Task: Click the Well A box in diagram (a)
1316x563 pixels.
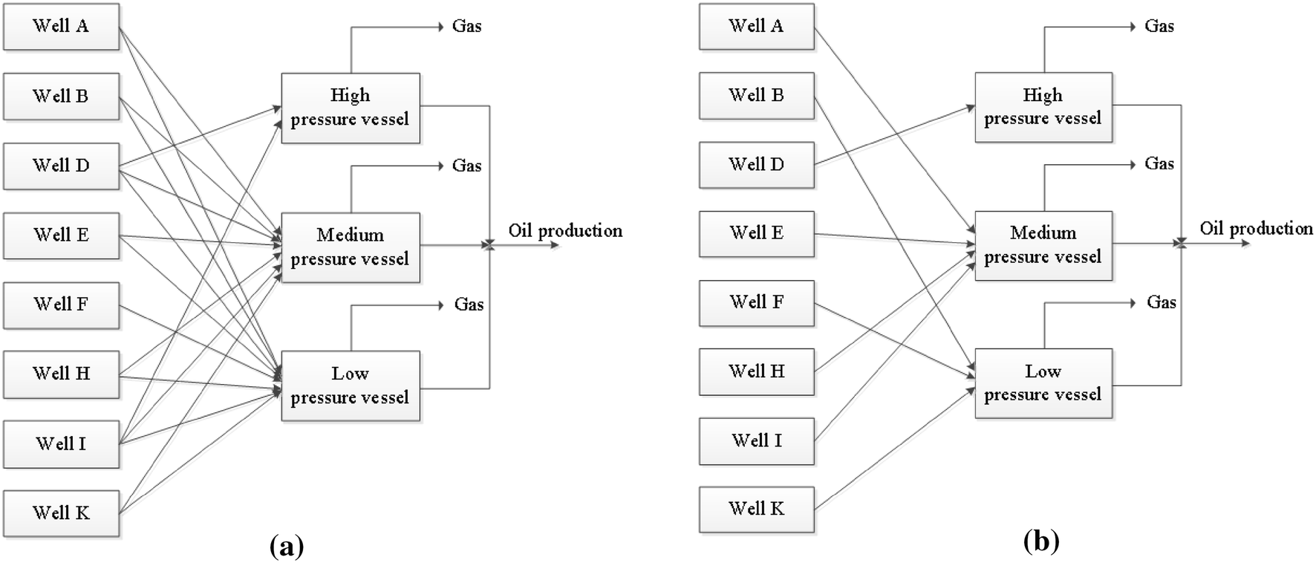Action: click(61, 27)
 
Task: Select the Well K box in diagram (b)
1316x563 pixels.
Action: click(756, 510)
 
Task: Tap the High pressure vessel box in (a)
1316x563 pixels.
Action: click(350, 108)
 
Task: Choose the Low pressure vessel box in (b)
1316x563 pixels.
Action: click(1043, 383)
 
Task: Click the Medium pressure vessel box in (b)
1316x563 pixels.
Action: click(1043, 245)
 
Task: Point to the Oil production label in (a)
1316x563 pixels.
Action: click(565, 231)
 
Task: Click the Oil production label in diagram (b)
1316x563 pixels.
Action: click(1257, 229)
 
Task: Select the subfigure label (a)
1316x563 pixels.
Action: click(286, 547)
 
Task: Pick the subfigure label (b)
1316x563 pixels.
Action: click(1041, 542)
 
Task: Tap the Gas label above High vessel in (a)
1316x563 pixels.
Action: click(466, 27)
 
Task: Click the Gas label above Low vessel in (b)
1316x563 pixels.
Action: click(1161, 302)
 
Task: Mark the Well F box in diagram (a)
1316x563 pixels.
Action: click(61, 305)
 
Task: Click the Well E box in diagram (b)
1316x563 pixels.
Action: click(756, 233)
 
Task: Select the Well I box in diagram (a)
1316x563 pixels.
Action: click(61, 444)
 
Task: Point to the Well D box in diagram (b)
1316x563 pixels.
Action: click(756, 165)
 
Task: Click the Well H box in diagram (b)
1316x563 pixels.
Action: click(756, 371)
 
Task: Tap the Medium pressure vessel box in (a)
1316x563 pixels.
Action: click(350, 247)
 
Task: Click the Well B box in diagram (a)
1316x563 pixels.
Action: click(61, 97)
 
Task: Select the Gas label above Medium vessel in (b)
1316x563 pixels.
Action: click(1159, 164)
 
